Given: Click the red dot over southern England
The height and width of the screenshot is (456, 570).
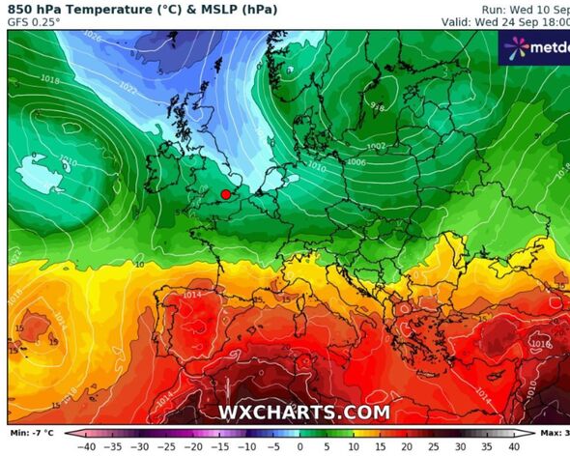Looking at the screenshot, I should point(226,194).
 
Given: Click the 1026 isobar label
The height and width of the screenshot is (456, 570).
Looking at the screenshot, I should point(93,36).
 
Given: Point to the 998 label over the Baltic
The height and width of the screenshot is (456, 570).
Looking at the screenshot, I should point(378,106).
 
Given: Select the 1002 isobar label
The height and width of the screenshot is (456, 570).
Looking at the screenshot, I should point(376,146).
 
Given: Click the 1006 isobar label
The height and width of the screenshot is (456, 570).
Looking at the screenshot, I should point(356,162).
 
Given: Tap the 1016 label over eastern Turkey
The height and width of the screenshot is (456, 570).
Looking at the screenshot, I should point(541,343).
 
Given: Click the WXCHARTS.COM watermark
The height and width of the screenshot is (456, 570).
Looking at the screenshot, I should point(303,413).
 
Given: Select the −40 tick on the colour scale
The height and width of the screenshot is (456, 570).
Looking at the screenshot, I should point(86,446).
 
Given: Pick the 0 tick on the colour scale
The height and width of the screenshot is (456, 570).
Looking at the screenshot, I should point(300,446).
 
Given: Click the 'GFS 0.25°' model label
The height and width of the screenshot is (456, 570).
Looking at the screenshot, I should point(34,22).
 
